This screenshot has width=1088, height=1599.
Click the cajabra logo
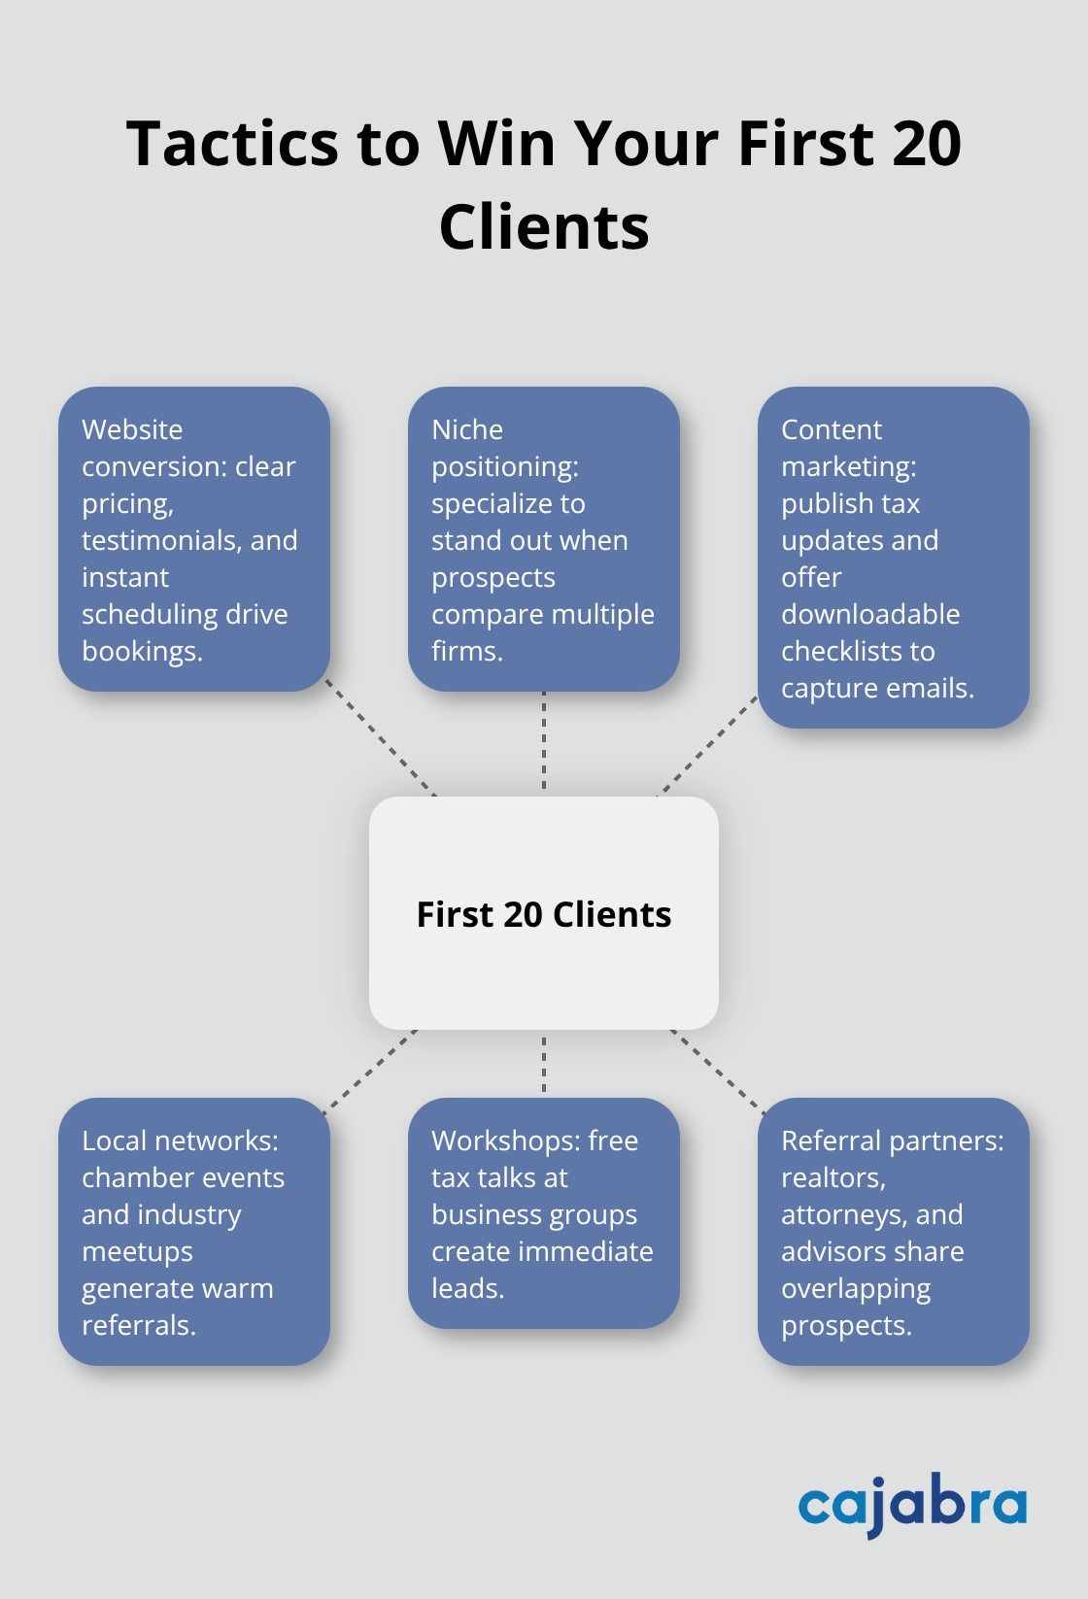[912, 1505]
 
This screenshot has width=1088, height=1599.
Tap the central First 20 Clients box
[544, 913]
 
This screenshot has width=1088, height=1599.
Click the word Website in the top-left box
[132, 429]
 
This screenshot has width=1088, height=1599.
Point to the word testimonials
[161, 540]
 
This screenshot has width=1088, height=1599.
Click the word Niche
[467, 429]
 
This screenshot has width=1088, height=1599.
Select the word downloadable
[870, 614]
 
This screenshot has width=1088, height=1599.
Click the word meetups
[137, 1251]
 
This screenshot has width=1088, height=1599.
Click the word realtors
[833, 1177]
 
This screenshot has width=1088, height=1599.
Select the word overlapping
[856, 1288]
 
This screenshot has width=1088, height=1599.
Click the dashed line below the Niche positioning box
[544, 743]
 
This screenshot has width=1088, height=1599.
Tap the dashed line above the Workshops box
[544, 1064]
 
